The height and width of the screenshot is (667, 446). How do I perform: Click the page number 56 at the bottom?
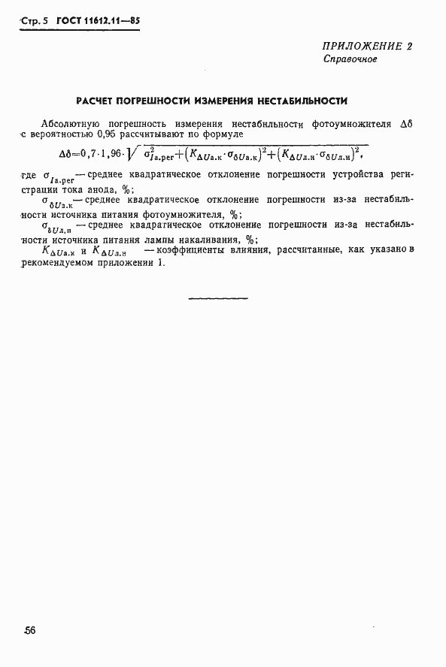click(29, 630)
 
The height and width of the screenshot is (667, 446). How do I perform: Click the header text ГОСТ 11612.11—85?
click(98, 21)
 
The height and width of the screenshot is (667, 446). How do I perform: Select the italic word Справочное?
click(350, 59)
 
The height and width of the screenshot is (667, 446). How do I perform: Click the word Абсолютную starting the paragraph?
click(70, 122)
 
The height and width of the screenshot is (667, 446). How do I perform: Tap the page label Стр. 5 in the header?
click(33, 22)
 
